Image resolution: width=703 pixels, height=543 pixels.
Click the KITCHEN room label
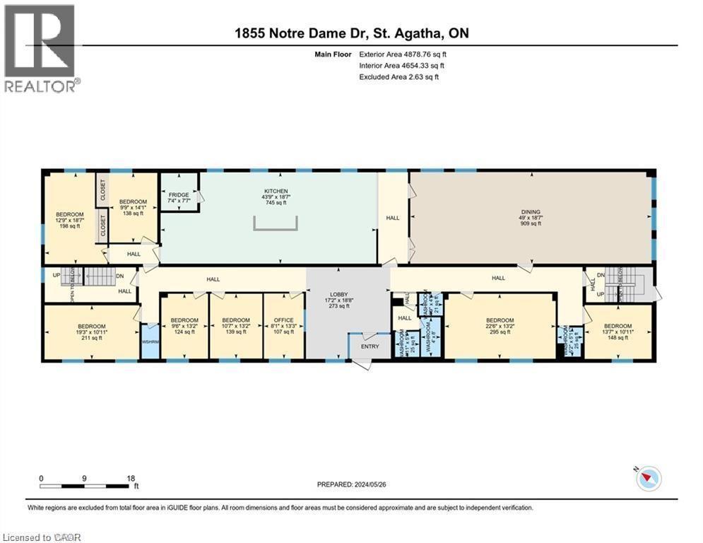coord(276,191)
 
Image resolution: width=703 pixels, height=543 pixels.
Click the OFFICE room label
coord(283,320)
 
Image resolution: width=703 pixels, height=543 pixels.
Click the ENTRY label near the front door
coord(370,346)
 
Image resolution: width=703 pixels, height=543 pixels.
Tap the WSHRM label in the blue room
coord(150,342)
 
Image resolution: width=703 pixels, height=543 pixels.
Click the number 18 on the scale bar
coord(131,478)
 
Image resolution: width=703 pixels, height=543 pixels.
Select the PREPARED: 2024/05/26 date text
coord(353,484)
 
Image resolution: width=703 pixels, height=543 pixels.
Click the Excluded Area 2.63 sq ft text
coord(399,76)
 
